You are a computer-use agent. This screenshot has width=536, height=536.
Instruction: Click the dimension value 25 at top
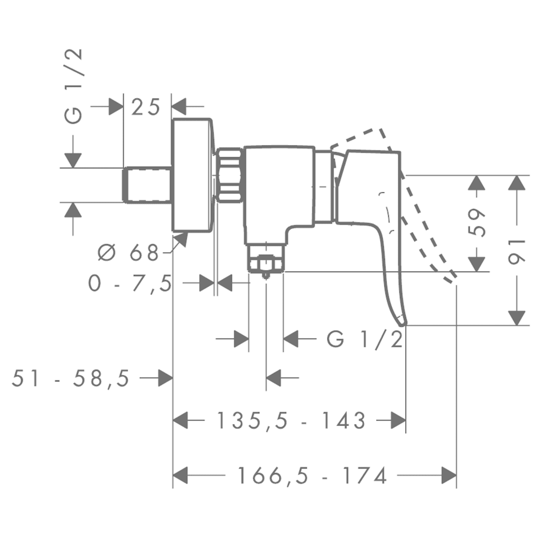pos(146,107)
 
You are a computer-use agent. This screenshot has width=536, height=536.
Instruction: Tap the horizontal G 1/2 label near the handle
pos(365,339)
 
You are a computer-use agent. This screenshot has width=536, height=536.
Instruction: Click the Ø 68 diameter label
pos(128,253)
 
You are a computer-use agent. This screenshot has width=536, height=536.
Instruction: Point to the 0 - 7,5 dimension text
pos(130,284)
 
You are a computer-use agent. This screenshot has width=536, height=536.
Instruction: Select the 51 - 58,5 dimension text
pos(71,377)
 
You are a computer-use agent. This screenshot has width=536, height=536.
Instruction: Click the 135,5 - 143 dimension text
pos(291,420)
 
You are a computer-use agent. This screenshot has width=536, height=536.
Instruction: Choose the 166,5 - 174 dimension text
pos(312,476)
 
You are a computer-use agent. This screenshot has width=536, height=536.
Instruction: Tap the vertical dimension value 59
pos(478,224)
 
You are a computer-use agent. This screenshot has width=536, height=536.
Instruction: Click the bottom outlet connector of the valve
pos(266,261)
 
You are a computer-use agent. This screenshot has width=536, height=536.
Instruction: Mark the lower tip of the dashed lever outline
pos(450,277)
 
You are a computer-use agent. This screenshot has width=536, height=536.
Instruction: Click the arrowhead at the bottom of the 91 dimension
pos(517,317)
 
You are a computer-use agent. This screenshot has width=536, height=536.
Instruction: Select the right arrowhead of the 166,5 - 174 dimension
pos(449,476)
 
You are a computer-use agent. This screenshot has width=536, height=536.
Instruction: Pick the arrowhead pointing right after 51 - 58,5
pos(165,377)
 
